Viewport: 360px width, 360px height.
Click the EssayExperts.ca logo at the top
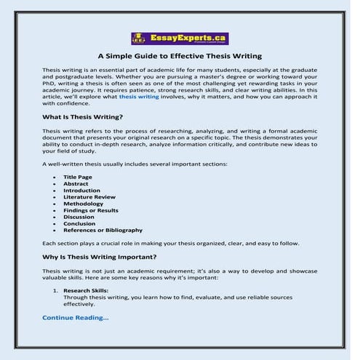coord(179,39)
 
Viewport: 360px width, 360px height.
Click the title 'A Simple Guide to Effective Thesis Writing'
coord(179,56)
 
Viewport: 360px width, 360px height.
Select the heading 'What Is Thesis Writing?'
coord(82,117)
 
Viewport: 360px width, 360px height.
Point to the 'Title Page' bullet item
coord(78,177)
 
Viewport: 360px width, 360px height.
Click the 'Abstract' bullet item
coord(76,184)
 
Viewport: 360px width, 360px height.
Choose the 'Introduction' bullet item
coord(81,191)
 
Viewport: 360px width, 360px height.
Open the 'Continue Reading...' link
coord(76,318)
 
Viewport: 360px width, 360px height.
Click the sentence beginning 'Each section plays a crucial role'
coord(170,242)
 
